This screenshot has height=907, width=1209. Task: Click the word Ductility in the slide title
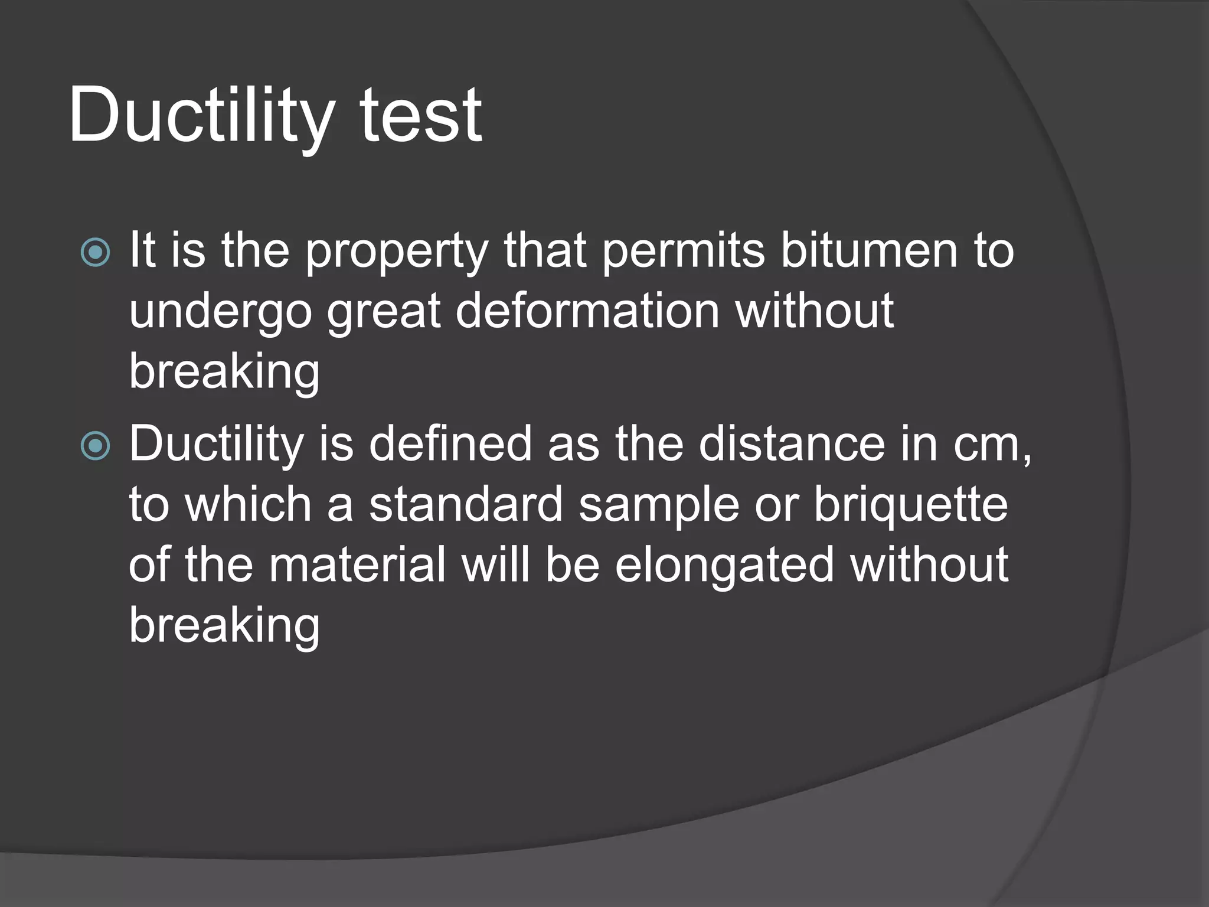201,115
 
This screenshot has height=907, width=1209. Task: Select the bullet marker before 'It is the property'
95,253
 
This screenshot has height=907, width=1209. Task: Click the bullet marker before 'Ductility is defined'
95,446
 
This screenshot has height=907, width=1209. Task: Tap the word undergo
220,313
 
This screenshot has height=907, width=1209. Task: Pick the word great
384,313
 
